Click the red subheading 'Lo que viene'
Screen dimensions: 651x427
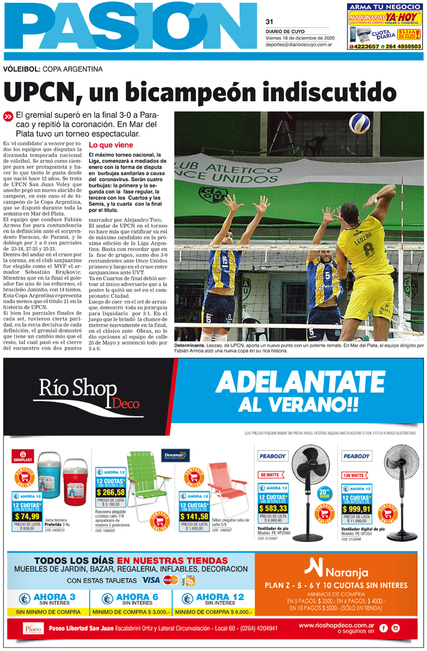pyautogui.click(x=111, y=145)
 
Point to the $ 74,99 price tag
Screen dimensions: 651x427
pyautogui.click(x=27, y=516)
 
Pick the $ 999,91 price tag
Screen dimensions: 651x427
pyautogui.click(x=357, y=509)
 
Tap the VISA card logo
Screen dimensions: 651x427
pyautogui.click(x=151, y=580)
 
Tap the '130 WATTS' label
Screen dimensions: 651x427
pyautogui.click(x=352, y=475)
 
